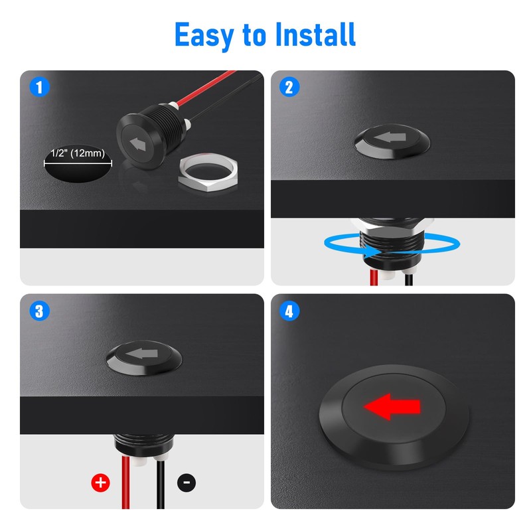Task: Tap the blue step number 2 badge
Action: point(289,87)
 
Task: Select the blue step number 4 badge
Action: point(289,311)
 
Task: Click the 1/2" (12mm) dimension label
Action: point(78,153)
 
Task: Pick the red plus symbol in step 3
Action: point(100,483)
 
